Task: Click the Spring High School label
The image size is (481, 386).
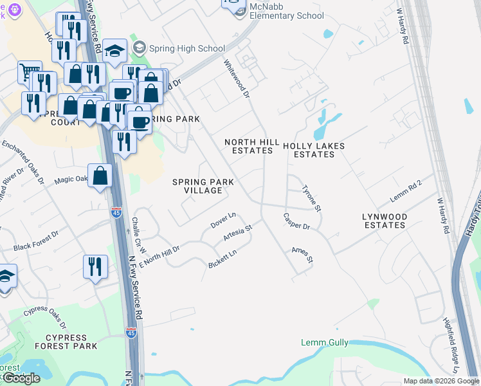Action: pyautogui.click(x=187, y=48)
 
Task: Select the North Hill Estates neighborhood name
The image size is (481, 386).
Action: pyautogui.click(x=252, y=146)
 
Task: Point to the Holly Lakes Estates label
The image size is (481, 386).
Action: pyautogui.click(x=314, y=150)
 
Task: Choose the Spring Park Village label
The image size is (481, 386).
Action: pyautogui.click(x=203, y=186)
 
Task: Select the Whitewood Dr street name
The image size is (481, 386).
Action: pyautogui.click(x=237, y=79)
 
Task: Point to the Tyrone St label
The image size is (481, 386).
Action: pyautogui.click(x=312, y=199)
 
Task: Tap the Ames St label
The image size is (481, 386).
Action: pyautogui.click(x=302, y=255)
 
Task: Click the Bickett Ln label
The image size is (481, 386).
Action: pyautogui.click(x=223, y=259)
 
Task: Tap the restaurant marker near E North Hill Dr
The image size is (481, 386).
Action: pyautogui.click(x=95, y=266)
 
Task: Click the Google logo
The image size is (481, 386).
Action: pyautogui.click(x=21, y=378)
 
